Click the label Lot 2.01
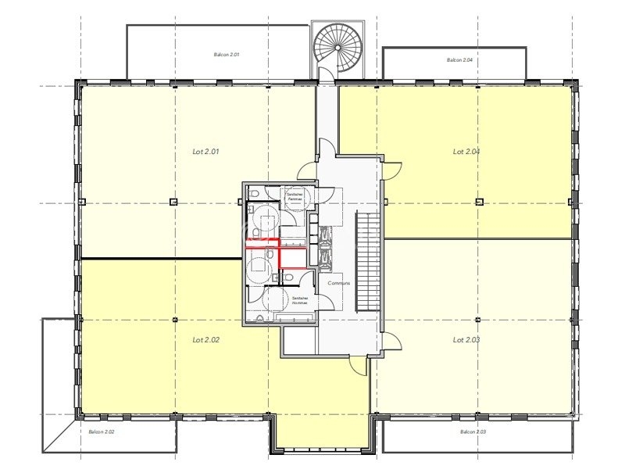(205, 152)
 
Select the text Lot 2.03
(466, 340)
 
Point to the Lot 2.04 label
(466, 152)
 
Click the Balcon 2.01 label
(226, 55)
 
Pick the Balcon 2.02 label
(102, 431)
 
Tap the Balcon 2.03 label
(473, 431)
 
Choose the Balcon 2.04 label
(460, 60)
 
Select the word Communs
(339, 283)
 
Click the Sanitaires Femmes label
(294, 197)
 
